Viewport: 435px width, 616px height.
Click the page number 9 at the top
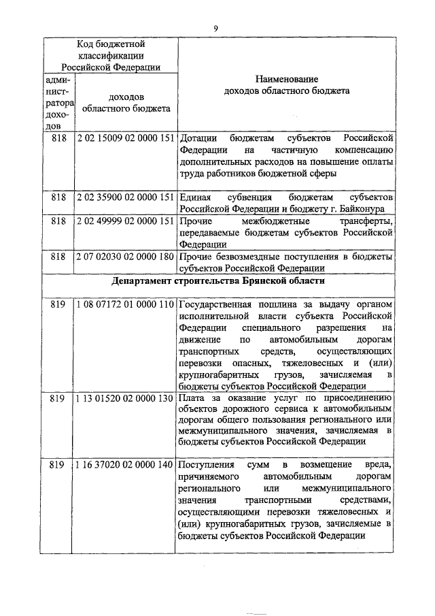[216, 27]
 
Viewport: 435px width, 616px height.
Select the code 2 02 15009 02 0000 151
[126, 138]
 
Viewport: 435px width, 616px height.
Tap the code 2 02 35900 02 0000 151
[126, 197]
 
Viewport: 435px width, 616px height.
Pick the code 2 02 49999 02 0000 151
[126, 222]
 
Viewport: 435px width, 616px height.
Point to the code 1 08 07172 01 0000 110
[126, 305]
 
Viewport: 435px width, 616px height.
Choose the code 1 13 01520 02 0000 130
[126, 398]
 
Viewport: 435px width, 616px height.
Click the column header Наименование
[286, 79]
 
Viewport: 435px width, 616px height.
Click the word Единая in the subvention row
[196, 197]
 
